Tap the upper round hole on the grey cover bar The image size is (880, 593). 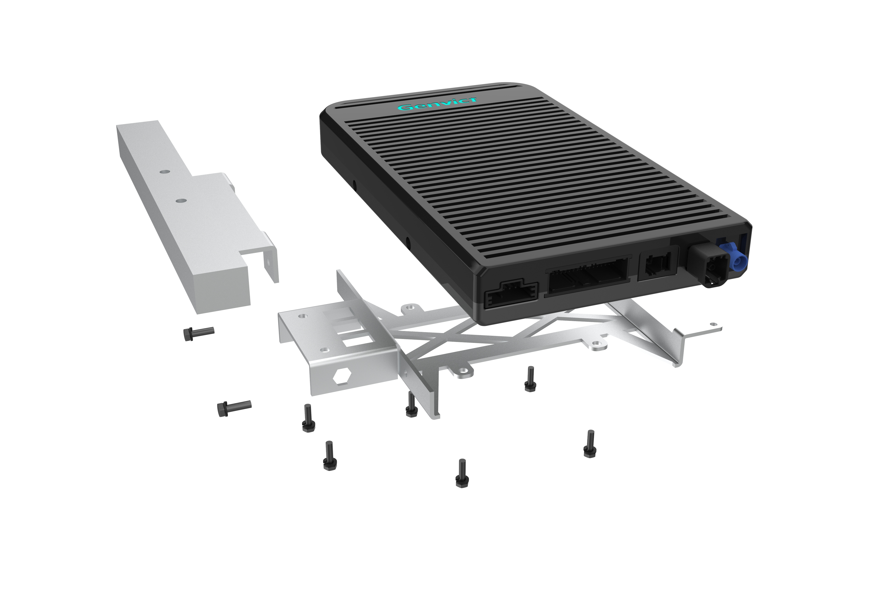163,171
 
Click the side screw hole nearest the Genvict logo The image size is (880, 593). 354,184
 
